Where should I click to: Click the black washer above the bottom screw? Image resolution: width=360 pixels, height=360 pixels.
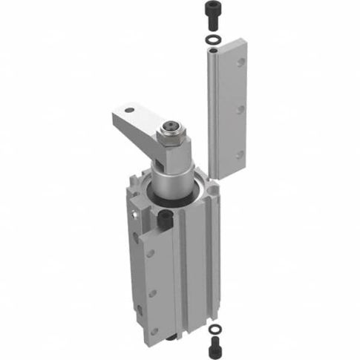[x=214, y=327]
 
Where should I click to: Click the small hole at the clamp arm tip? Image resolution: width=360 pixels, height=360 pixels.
[x=130, y=111]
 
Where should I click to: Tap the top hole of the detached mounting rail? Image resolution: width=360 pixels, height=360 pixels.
[x=240, y=62]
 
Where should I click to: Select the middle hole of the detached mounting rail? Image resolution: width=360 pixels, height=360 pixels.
[x=240, y=108]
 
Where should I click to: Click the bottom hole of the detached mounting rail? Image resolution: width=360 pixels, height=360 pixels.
[x=240, y=155]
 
